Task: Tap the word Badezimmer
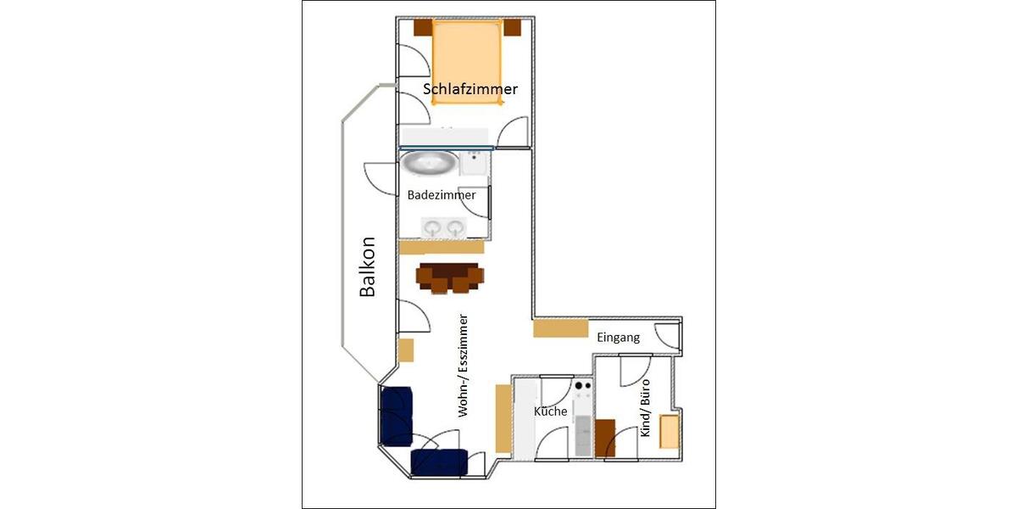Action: (x=442, y=194)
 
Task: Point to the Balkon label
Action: (x=367, y=266)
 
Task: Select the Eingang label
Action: (x=618, y=338)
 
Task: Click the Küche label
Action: (x=550, y=411)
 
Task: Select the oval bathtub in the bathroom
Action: (x=429, y=161)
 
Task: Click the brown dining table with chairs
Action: (x=450, y=278)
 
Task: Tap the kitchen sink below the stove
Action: (x=583, y=434)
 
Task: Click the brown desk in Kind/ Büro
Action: (x=605, y=438)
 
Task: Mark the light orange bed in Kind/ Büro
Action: (x=670, y=433)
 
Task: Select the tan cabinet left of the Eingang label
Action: (x=560, y=328)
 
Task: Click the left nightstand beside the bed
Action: (x=422, y=27)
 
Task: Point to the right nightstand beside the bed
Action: (x=512, y=27)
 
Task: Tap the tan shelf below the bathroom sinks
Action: (x=441, y=247)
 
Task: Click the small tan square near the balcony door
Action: (x=406, y=350)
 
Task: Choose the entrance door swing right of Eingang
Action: (x=667, y=336)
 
